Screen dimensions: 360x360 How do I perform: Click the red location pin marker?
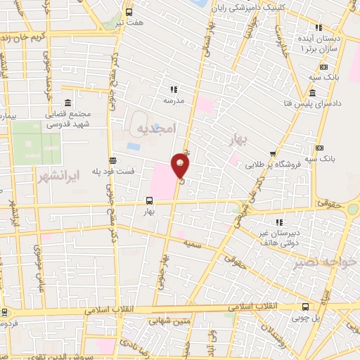pyautogui.click(x=181, y=166)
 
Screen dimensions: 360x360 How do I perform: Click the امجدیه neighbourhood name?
pyautogui.click(x=154, y=128)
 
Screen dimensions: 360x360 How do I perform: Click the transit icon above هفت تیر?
pyautogui.click(x=128, y=12)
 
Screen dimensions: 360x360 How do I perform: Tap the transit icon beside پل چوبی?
pyautogui.click(x=305, y=307)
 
